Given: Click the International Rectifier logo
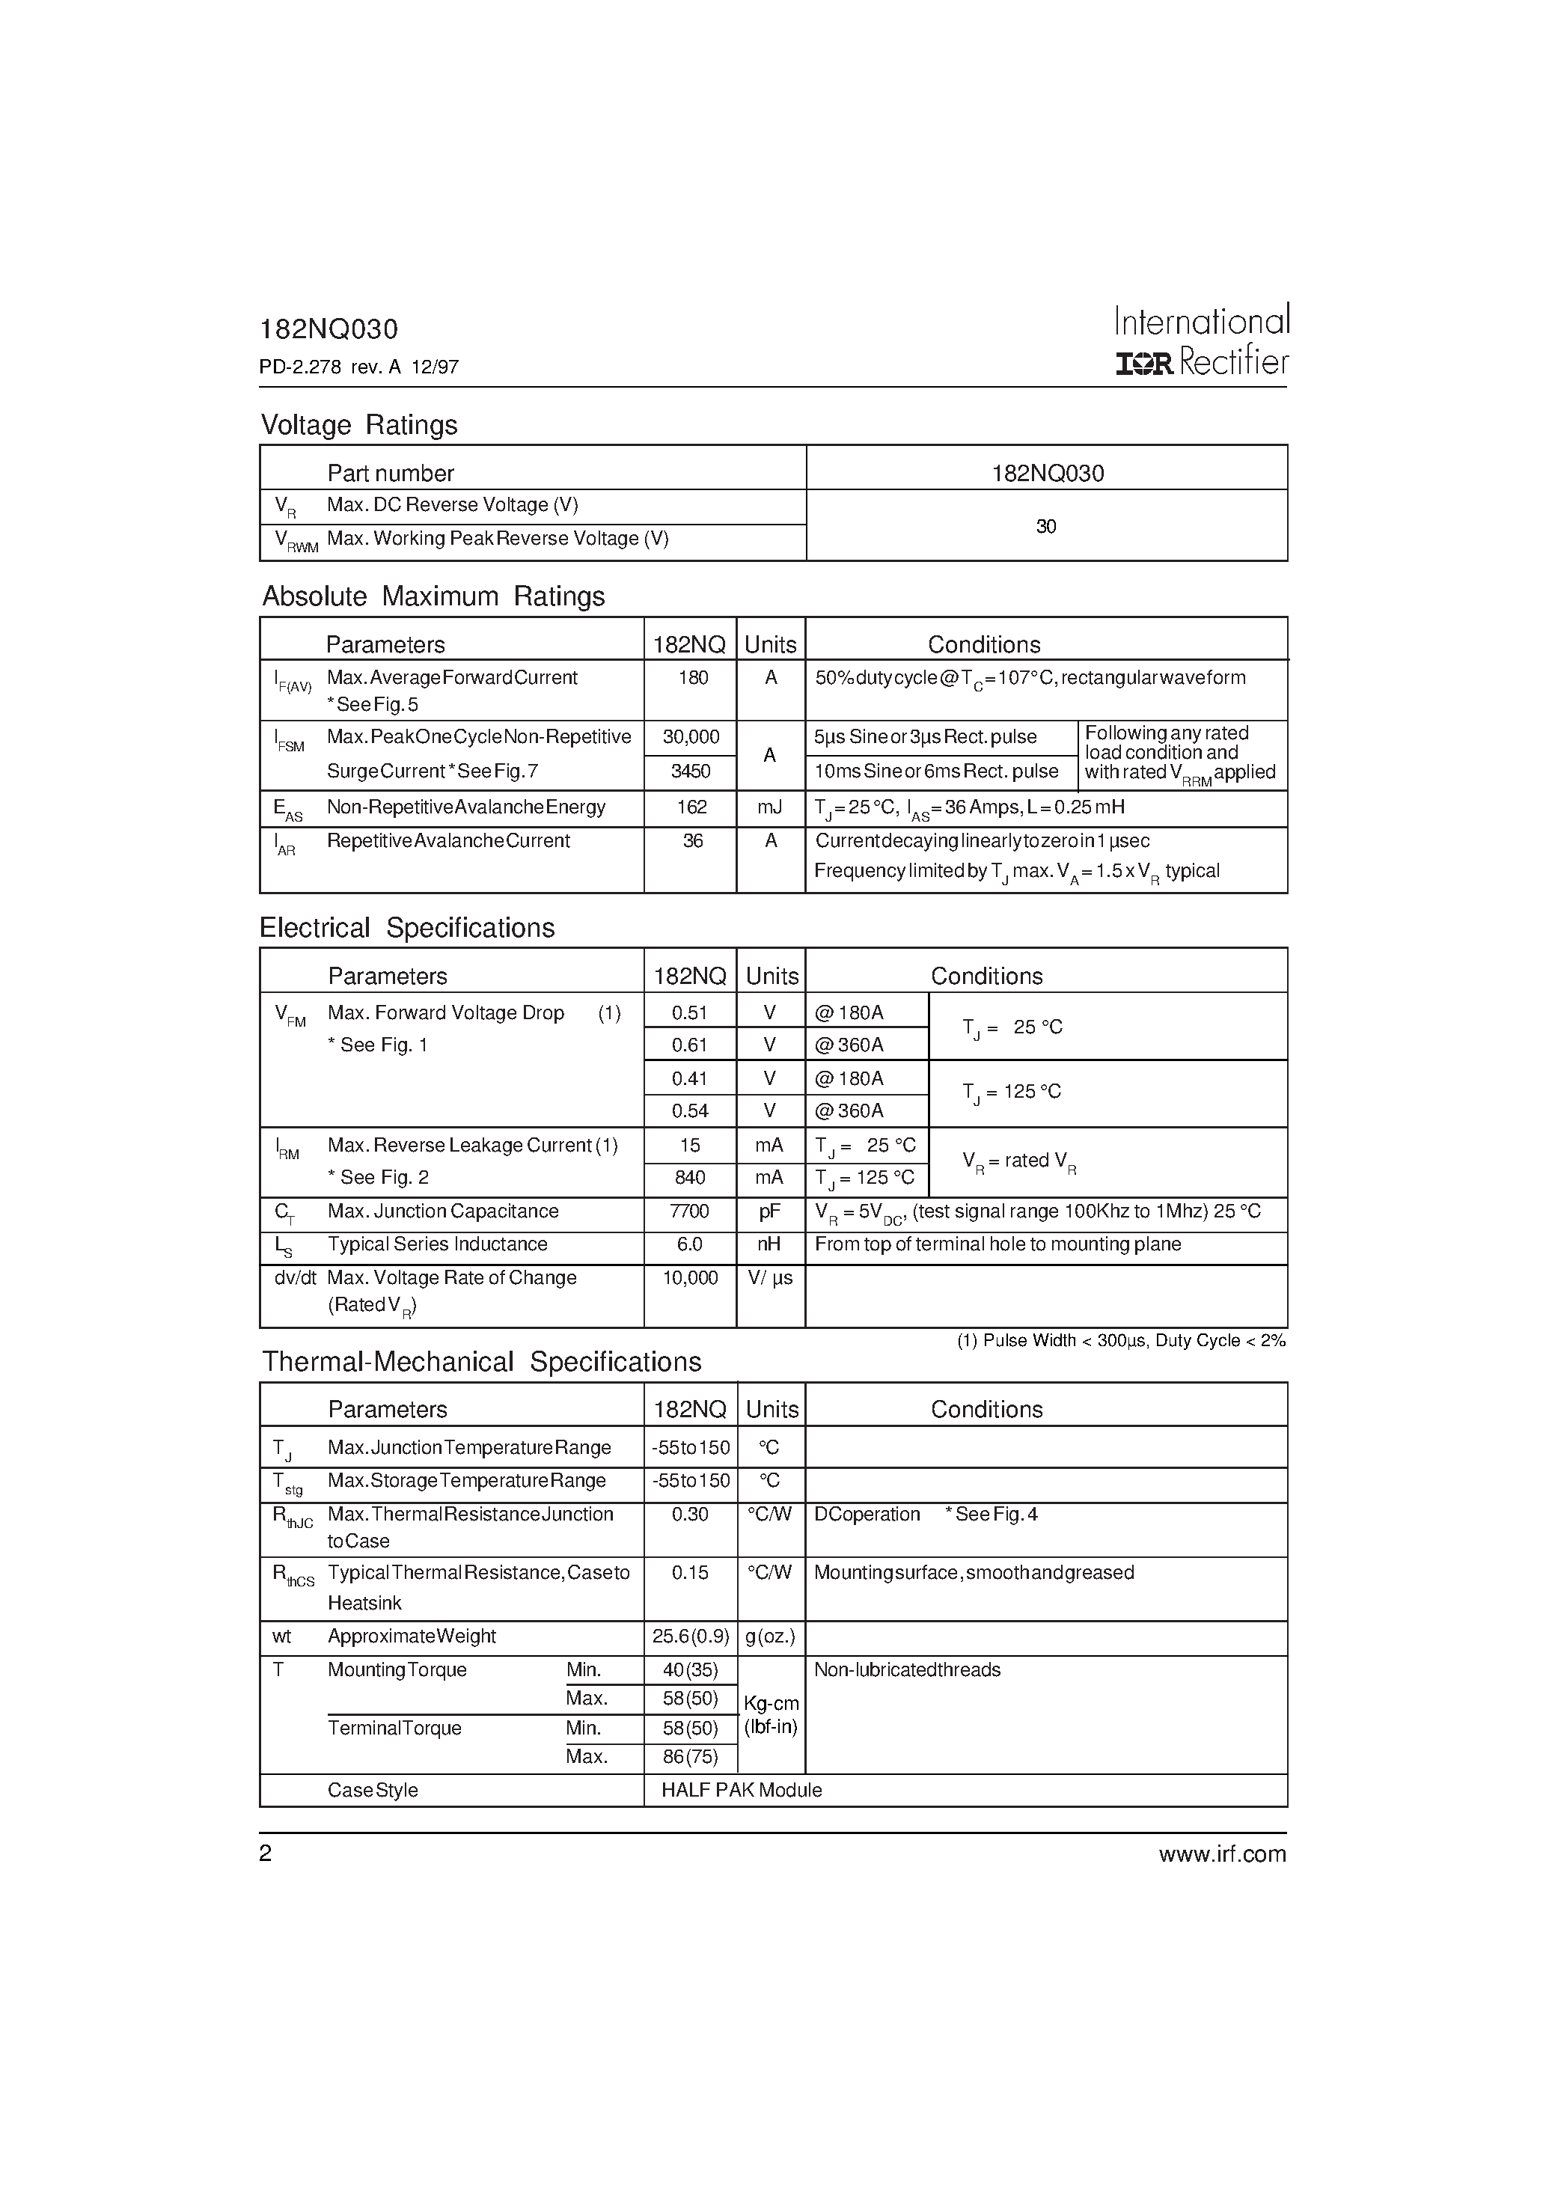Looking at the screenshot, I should [x=1201, y=341].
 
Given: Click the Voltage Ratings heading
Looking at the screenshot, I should [x=359, y=425].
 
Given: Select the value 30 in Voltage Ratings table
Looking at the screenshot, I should [x=1045, y=527].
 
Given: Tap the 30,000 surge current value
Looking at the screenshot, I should [x=691, y=736].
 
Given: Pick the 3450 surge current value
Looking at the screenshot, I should [x=691, y=771].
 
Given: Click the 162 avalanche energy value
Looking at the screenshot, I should [x=691, y=807].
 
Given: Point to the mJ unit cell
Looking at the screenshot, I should [x=769, y=807].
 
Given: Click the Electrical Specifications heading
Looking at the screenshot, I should [x=407, y=928].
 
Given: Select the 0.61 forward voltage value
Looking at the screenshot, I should [x=689, y=1045].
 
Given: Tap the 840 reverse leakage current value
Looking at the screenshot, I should [x=689, y=1178].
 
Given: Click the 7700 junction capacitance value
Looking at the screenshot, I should [x=689, y=1211].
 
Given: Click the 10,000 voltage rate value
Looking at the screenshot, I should [x=690, y=1278].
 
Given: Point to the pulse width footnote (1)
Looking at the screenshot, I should [x=1121, y=1341].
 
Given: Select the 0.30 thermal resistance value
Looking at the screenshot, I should [x=689, y=1515].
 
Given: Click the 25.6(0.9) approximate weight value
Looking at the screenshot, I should [x=690, y=1637].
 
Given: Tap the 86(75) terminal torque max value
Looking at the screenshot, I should [x=690, y=1756].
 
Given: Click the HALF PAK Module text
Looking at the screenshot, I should [x=742, y=1791].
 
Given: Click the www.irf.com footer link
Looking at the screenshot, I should [x=1222, y=1854].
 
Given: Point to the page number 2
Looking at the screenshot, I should [x=266, y=1854].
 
